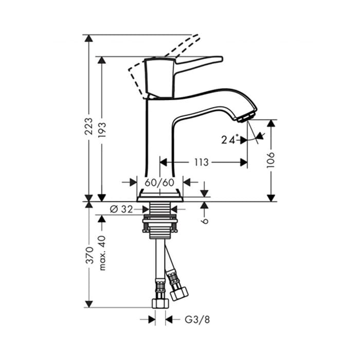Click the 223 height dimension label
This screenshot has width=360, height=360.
tap(88, 127)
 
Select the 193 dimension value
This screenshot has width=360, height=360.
tap(102, 130)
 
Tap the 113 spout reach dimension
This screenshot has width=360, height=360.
tap(202, 163)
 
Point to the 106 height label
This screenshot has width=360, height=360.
tap(271, 160)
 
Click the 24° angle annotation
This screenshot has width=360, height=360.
tap(229, 139)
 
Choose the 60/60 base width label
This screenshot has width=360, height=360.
tap(159, 183)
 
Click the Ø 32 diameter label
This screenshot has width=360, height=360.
tap(121, 209)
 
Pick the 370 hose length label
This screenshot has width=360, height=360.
tap(88, 255)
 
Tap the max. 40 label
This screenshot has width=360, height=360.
tap(102, 253)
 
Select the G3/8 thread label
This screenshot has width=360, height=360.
tap(197, 319)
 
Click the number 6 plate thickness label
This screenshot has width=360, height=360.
tap(205, 221)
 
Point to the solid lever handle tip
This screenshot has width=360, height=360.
tap(222, 59)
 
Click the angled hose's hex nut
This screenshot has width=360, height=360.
tap(178, 293)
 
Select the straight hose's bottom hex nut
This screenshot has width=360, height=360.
tap(160, 303)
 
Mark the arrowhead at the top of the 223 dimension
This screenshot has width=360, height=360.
tap(88, 38)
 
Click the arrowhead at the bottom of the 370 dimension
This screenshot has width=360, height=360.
tap(88, 304)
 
